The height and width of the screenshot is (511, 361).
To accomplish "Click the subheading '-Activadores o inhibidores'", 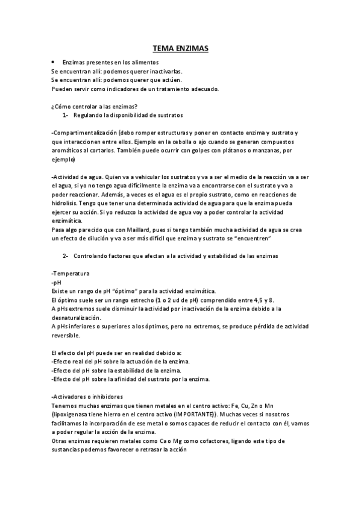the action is [87, 397].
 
